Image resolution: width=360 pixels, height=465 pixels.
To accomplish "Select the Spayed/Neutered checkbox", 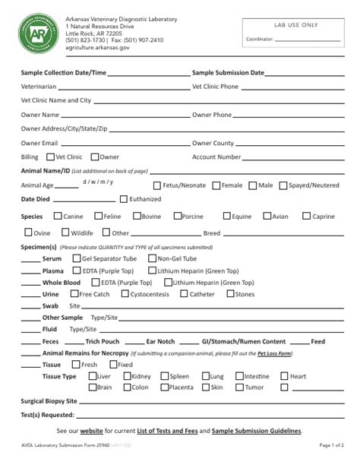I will (x=283, y=185).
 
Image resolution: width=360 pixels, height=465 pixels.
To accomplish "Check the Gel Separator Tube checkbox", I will (x=76, y=258).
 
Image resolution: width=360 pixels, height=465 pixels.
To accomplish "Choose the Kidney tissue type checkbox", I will (x=125, y=376).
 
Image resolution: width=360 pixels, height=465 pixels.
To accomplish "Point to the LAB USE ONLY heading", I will (x=295, y=25).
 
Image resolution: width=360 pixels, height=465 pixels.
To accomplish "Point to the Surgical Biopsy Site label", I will (x=49, y=400).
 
